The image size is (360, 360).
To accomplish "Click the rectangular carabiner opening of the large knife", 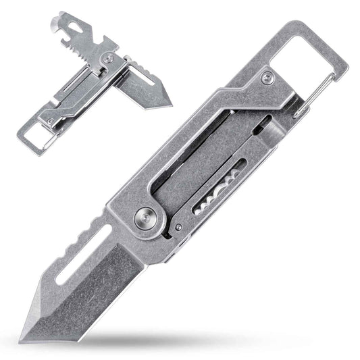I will (311, 54).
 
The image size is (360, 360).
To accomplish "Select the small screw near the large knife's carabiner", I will (269, 80).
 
